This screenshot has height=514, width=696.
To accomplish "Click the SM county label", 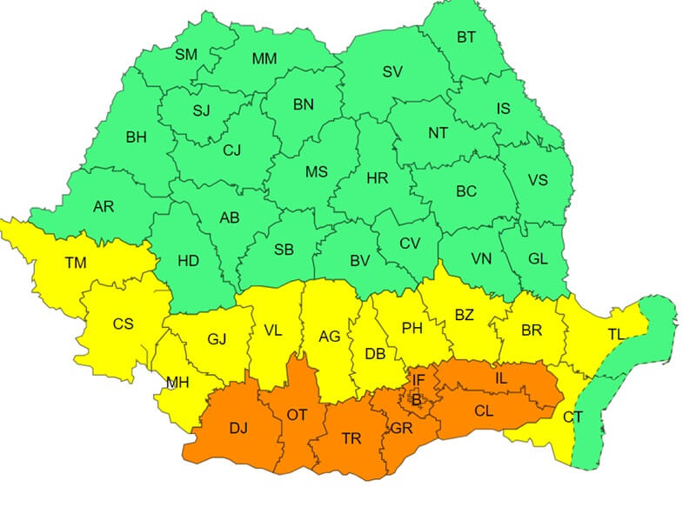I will coord(186,54).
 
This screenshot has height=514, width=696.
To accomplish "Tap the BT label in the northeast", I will coord(466,37).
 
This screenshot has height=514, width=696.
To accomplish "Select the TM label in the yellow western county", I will coord(76,262).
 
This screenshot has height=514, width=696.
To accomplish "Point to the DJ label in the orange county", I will coord(238,429).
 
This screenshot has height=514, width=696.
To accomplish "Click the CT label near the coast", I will coord(572,417).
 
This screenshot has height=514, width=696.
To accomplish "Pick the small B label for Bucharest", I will coord(416,400).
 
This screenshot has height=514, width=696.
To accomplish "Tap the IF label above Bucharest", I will coord(418,380).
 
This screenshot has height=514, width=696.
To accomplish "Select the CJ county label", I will coord(231,150).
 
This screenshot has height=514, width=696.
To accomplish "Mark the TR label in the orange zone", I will coord(351,438).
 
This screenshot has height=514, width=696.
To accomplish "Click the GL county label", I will coord(538,258).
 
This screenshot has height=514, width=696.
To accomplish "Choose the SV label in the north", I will coord(392,71).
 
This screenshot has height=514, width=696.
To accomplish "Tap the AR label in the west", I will coord(104,207).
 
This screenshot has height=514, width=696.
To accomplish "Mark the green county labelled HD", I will coord(189,260).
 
